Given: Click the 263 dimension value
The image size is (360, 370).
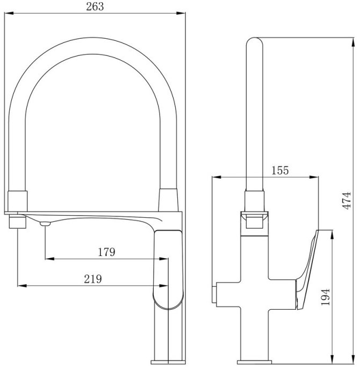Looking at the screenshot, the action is tap(95, 6).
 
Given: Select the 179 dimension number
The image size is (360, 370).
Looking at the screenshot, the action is tap(106, 252).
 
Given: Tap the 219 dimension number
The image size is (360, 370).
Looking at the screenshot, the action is tap(93, 279).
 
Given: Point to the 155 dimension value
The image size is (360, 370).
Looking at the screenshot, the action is tap(280, 170).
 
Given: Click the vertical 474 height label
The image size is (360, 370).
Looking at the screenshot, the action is tap(347, 201).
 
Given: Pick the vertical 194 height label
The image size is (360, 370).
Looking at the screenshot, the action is tap(326, 297).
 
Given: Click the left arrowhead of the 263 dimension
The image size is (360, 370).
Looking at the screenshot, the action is tap(9, 13).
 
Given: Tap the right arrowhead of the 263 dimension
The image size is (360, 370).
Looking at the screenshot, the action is tap(181, 13).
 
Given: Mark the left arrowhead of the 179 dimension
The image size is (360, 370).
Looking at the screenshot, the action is tap(49, 259).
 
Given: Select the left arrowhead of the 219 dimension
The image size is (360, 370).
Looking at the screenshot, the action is tap(22, 286).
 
